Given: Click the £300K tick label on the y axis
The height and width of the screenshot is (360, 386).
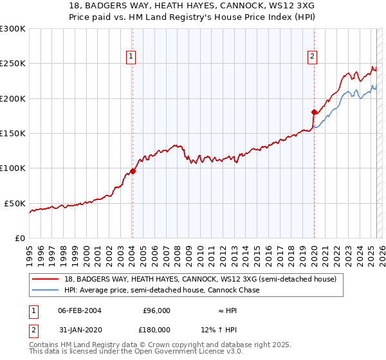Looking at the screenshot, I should [13, 29].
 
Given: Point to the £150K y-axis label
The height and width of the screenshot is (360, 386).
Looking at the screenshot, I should [13, 133].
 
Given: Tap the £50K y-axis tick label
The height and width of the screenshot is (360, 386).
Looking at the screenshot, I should [15, 203].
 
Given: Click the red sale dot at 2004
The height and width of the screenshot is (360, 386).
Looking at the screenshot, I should [133, 171].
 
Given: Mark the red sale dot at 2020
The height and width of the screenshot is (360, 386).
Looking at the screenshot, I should [314, 113].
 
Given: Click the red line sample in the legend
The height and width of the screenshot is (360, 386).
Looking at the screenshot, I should [47, 280].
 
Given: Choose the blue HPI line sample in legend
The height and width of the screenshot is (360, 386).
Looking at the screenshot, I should [47, 291].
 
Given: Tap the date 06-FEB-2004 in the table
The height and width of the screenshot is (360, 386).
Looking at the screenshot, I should [79, 310].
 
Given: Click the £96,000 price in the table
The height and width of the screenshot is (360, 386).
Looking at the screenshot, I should [156, 310].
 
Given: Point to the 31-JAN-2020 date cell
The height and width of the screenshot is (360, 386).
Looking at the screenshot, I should [79, 330].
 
